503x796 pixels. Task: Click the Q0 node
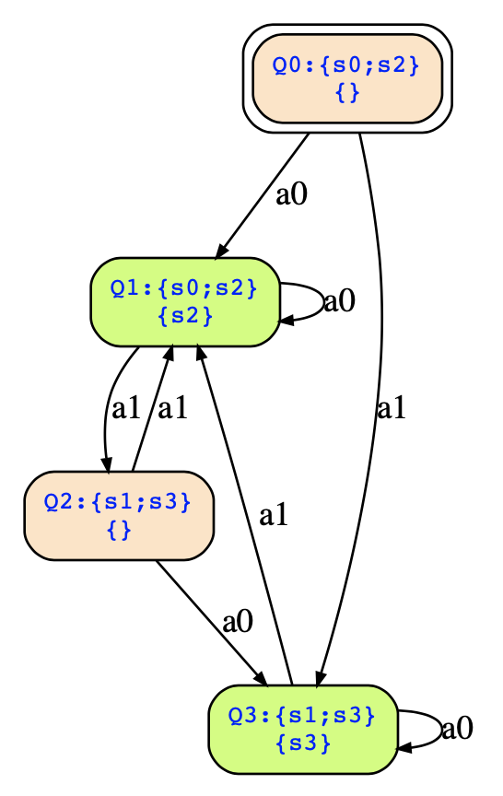(x=347, y=78)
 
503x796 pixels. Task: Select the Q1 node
(x=185, y=302)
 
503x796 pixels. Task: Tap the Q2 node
(x=119, y=516)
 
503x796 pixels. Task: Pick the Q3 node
(x=303, y=730)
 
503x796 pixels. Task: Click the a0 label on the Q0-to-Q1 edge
(x=291, y=194)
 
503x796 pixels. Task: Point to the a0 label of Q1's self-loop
(x=339, y=301)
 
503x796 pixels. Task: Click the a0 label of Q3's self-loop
(x=457, y=729)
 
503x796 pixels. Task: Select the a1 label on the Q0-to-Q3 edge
(x=391, y=407)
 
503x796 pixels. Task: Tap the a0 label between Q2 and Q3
(x=238, y=621)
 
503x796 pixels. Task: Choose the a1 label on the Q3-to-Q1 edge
(x=274, y=515)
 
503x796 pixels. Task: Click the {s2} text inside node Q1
(x=185, y=316)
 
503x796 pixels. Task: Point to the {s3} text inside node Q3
(x=303, y=743)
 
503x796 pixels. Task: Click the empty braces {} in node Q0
(x=347, y=93)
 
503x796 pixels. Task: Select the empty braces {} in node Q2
(x=119, y=530)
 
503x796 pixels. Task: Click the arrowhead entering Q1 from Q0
(x=221, y=251)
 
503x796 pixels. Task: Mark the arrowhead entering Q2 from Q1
(x=106, y=464)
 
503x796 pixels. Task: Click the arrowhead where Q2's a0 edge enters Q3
(x=261, y=679)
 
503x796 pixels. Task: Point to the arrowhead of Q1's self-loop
(x=287, y=321)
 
